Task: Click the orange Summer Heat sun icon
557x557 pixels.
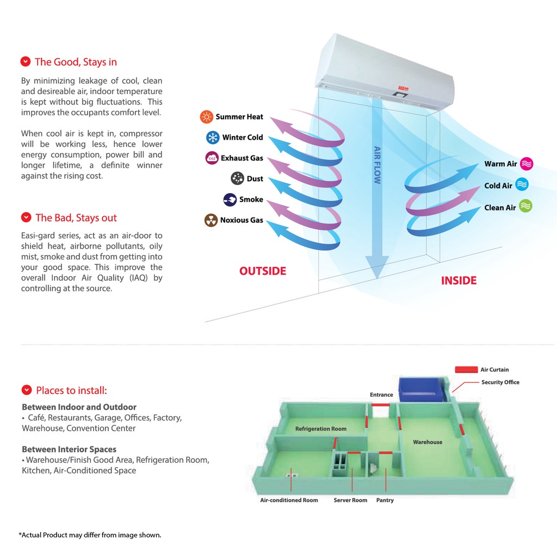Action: coord(206,116)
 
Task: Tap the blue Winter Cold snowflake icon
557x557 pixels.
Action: coord(213,137)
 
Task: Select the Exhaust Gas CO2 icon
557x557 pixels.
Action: coord(212,158)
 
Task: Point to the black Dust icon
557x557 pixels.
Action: coord(237,178)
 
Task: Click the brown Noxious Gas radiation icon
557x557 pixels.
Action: coord(211,220)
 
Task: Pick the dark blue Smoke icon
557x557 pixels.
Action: coord(230,200)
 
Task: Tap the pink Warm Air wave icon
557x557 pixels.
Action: coord(527,164)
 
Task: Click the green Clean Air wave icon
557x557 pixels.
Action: coord(525,206)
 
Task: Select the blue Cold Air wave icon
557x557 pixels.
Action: coord(522,184)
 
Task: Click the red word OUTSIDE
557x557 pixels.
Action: coord(263,271)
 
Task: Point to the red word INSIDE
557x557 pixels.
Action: coord(459,281)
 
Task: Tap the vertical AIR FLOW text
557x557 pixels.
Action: coord(377,165)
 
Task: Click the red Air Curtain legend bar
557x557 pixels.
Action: coord(466,370)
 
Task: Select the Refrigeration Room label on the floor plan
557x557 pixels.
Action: coord(321,429)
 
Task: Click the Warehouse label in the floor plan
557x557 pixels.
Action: coord(428,442)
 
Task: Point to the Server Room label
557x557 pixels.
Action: coord(350,500)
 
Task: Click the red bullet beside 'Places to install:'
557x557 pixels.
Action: coord(27,390)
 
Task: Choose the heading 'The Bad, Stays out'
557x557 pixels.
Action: coord(76,218)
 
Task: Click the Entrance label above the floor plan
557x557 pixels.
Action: coord(381,395)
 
